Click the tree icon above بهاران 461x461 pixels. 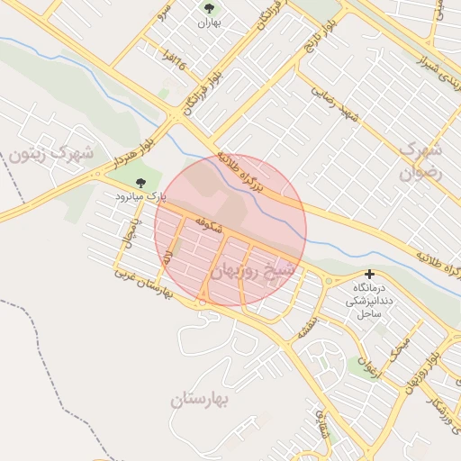[x=210, y=8]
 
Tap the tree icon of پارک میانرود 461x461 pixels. [x=139, y=182]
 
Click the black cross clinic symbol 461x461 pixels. [x=369, y=274]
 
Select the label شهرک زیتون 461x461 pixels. [x=51, y=154]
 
